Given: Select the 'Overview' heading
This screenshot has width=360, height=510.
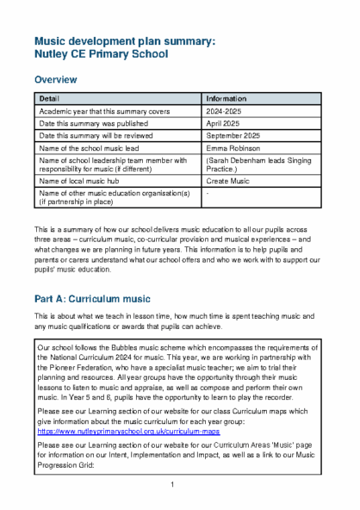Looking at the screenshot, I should (55, 80).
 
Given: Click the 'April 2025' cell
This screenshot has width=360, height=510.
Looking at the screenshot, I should (223, 123).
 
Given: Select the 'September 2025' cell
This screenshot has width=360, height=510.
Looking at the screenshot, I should (233, 135).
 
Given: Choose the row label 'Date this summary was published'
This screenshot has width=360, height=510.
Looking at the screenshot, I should (96, 123).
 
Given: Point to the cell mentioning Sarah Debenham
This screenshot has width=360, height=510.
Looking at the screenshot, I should (258, 164).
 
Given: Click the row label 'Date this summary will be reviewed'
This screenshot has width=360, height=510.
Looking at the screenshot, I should (99, 135).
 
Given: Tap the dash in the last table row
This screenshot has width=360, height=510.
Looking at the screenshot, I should (209, 193).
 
